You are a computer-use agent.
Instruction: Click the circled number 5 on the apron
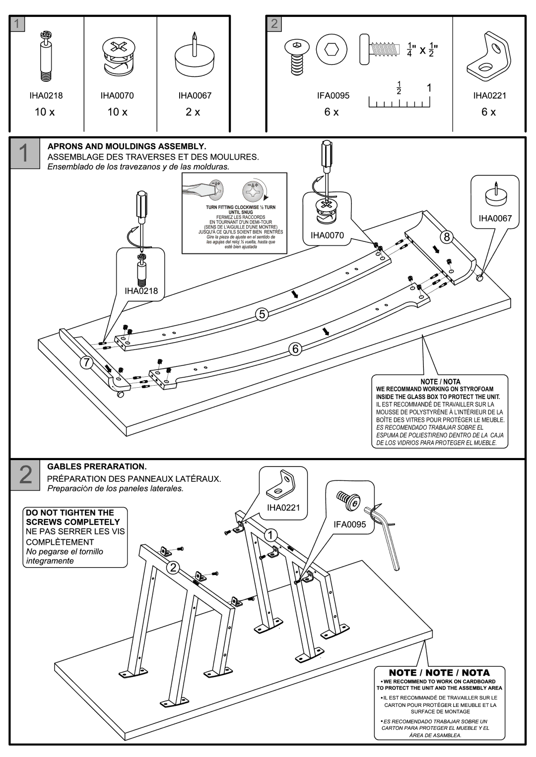click(x=262, y=314)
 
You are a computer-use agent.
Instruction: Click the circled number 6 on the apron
click(x=295, y=349)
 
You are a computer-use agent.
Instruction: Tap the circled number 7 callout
click(x=86, y=362)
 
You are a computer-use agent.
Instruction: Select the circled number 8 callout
click(x=447, y=237)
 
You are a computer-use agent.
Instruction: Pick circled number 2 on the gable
click(x=172, y=568)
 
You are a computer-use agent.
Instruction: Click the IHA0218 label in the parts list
click(x=46, y=96)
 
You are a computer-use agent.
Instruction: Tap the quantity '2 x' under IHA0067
click(x=193, y=112)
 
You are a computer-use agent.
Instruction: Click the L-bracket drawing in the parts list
click(x=488, y=57)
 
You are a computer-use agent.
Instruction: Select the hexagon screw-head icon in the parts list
click(x=330, y=49)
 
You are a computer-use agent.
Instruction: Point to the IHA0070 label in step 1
click(x=327, y=235)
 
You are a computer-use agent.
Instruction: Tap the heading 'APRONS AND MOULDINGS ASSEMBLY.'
click(x=126, y=147)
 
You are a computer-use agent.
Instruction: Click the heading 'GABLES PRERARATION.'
click(x=97, y=467)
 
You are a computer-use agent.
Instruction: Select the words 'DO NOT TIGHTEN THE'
click(x=70, y=513)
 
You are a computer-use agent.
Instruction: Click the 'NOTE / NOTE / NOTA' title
click(x=439, y=673)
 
